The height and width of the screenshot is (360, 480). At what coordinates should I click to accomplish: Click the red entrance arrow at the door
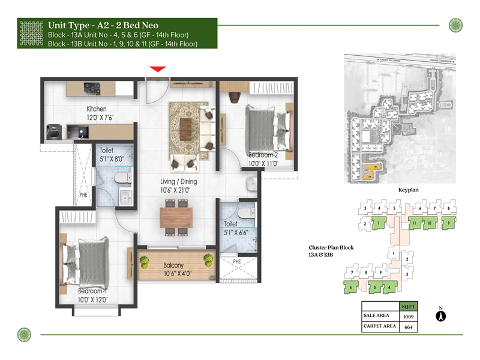pyautogui.click(x=158, y=70)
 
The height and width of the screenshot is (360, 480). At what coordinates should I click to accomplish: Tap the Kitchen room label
pyautogui.click(x=97, y=109)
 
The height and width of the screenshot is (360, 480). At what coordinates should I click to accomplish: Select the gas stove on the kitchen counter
pyautogui.click(x=92, y=88)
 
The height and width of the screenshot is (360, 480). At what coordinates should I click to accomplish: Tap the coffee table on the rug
pyautogui.click(x=187, y=125)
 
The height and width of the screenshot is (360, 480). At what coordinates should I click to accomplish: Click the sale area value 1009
pyautogui.click(x=408, y=316)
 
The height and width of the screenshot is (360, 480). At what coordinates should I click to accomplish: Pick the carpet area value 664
pyautogui.click(x=408, y=327)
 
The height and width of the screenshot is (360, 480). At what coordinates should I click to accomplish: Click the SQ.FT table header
pyautogui.click(x=408, y=306)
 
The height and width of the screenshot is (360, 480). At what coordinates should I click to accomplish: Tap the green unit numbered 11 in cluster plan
pyautogui.click(x=414, y=224)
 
